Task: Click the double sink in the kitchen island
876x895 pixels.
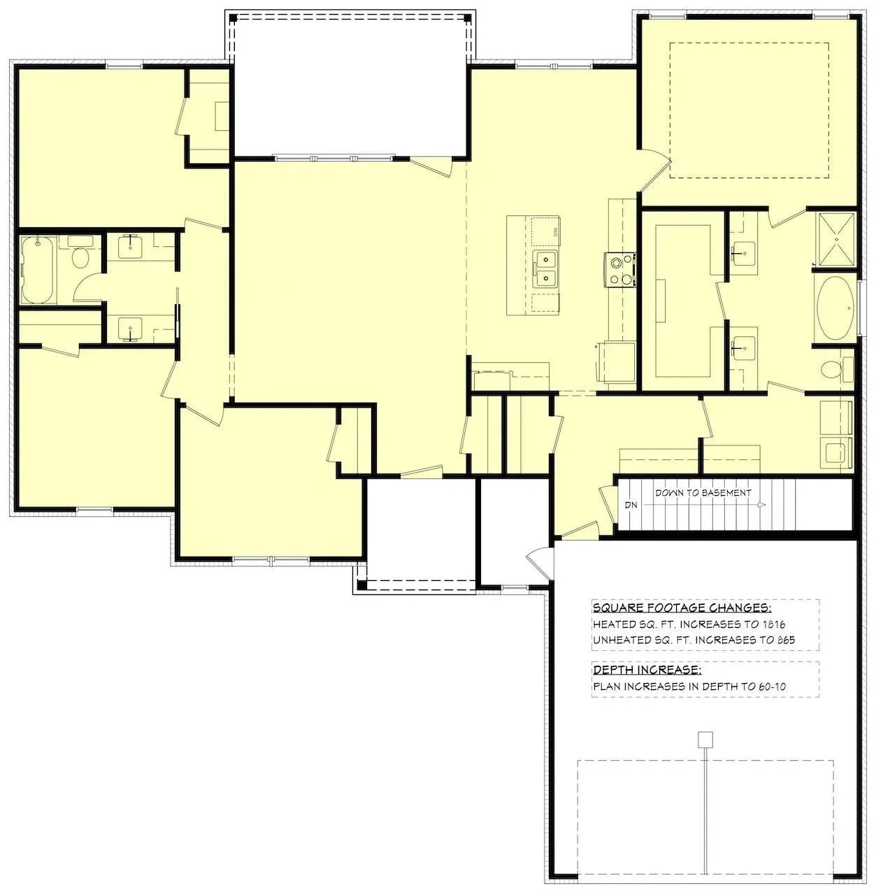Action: pyautogui.click(x=545, y=271)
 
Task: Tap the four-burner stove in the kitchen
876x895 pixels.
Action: pyautogui.click(x=619, y=270)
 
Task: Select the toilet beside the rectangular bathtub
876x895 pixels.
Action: pyautogui.click(x=80, y=257)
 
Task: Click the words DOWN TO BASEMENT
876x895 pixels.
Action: pyautogui.click(x=703, y=492)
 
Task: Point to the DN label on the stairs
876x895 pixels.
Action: pyautogui.click(x=631, y=505)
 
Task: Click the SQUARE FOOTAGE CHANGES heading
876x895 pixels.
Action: pyautogui.click(x=682, y=608)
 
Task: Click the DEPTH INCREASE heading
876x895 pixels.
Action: pyautogui.click(x=646, y=670)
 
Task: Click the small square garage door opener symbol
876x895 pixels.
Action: pyautogui.click(x=706, y=738)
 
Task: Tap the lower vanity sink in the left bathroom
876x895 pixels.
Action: pyautogui.click(x=130, y=327)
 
